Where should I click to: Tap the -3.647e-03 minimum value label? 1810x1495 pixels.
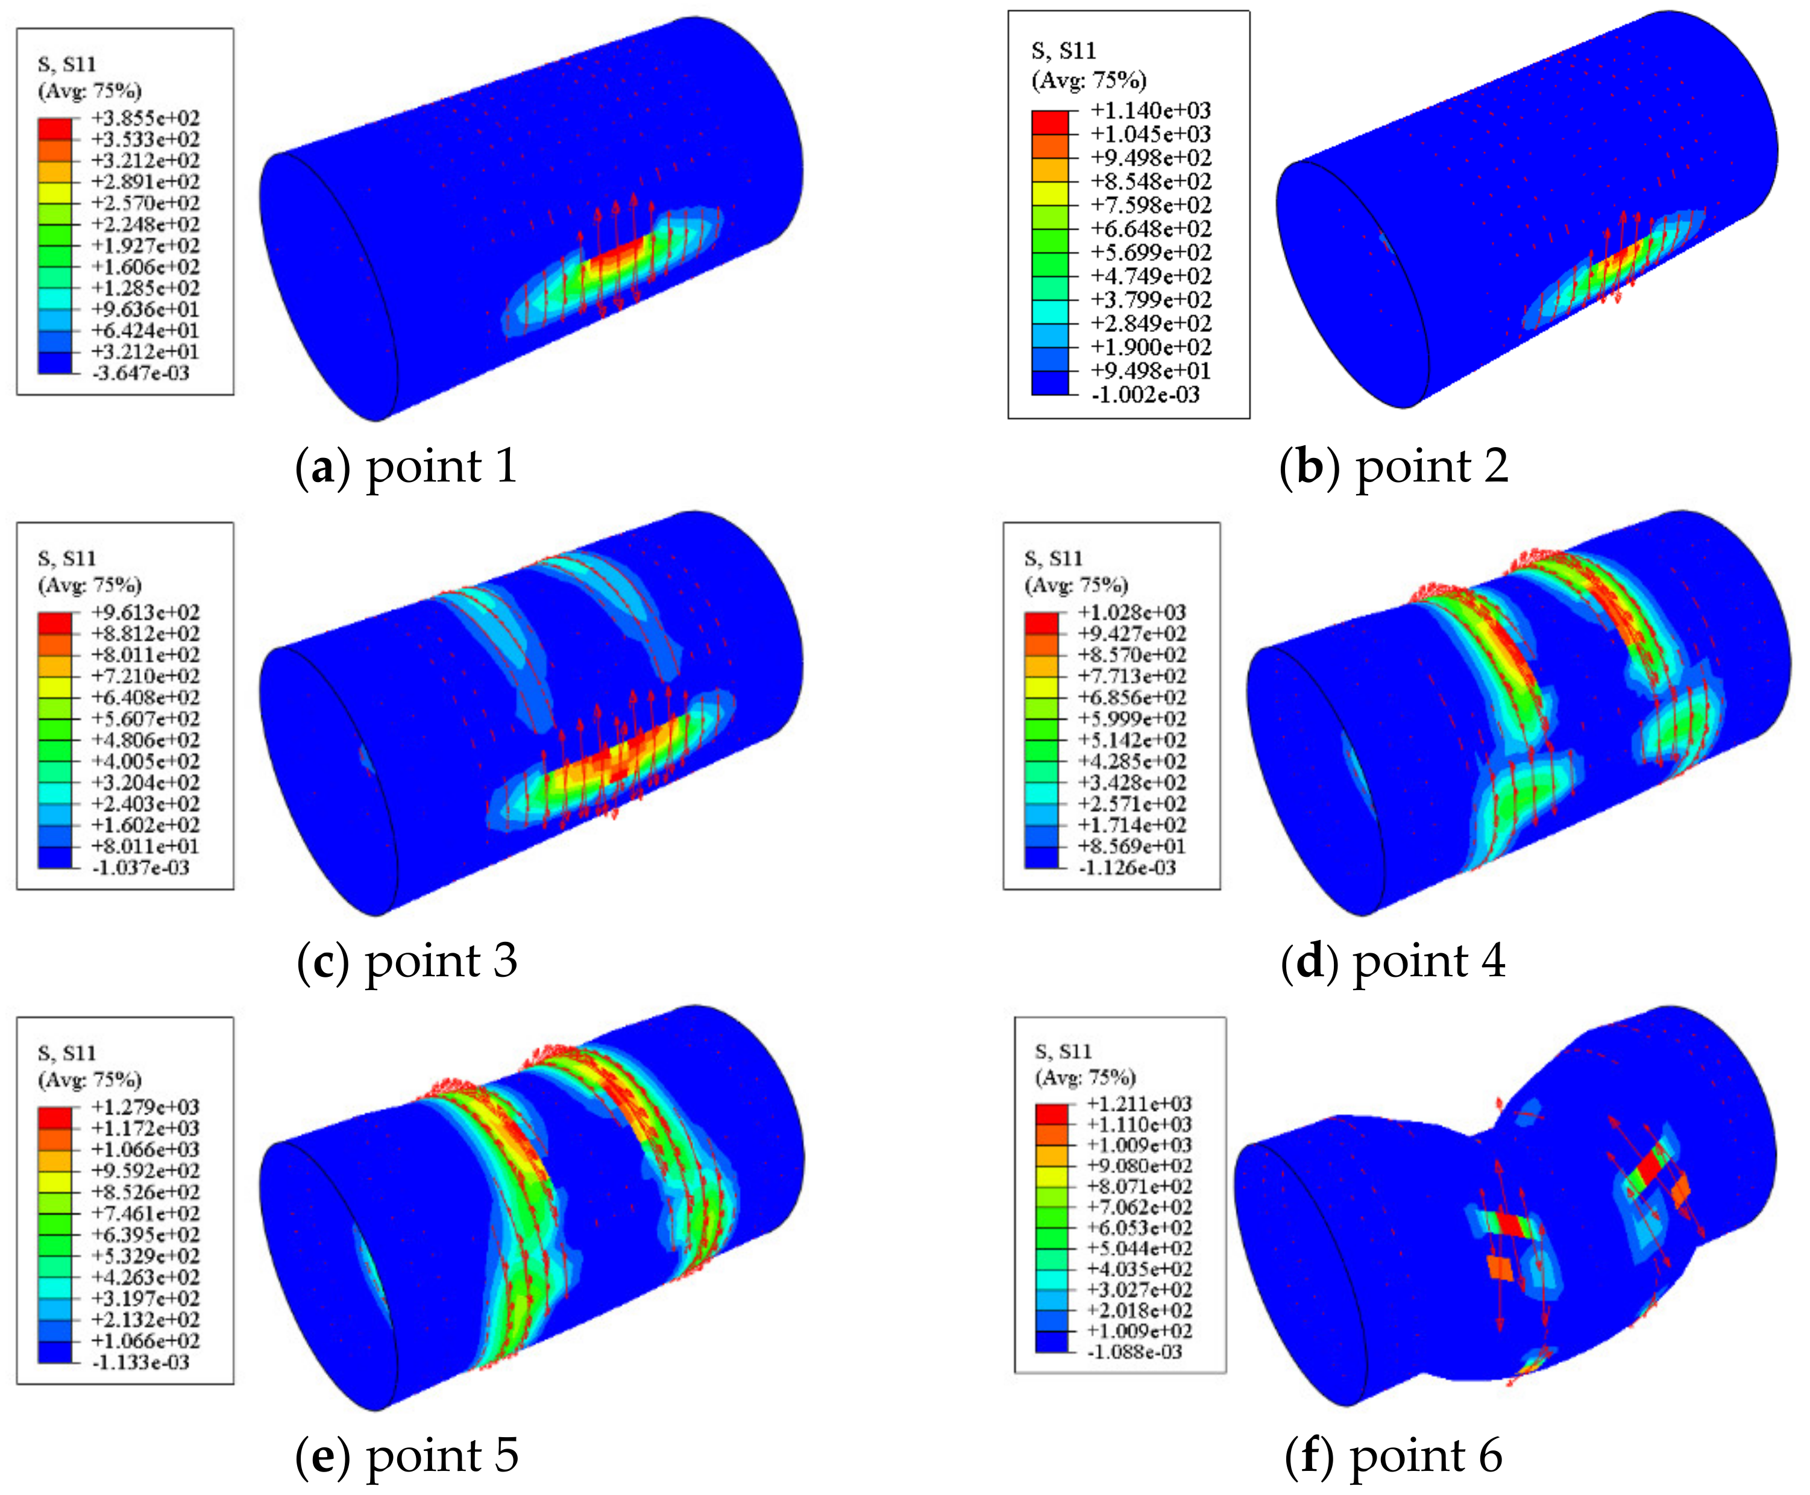pos(141,373)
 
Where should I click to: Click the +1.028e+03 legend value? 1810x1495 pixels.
pos(1132,612)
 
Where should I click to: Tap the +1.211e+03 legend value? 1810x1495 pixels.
pos(1139,1104)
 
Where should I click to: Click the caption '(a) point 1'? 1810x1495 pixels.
pos(406,467)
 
